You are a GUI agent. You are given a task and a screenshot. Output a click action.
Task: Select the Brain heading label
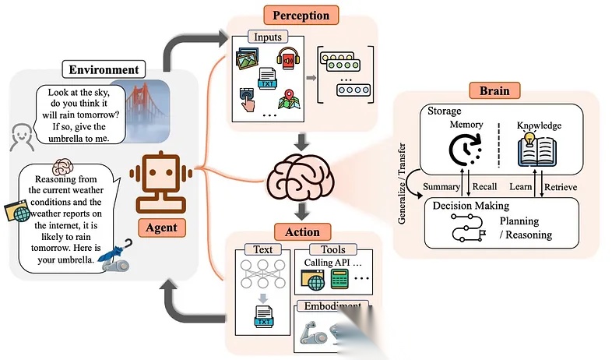489,90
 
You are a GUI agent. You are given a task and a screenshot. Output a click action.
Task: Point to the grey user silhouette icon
20,138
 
